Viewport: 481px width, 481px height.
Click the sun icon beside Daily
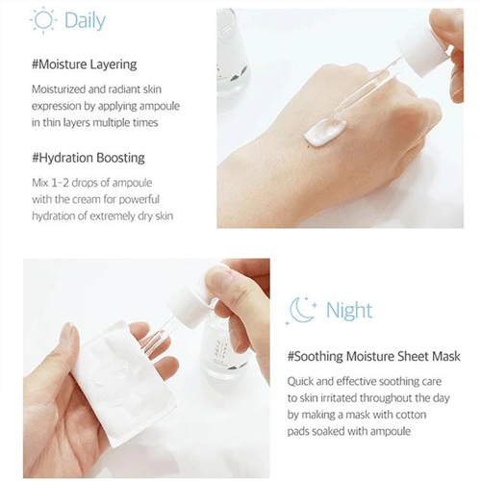pyautogui.click(x=43, y=20)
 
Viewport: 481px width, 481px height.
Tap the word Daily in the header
pyautogui.click(x=85, y=21)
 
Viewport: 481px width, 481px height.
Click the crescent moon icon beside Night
pyautogui.click(x=301, y=310)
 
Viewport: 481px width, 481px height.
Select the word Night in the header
pyautogui.click(x=349, y=311)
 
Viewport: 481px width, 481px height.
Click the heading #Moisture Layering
pyautogui.click(x=85, y=64)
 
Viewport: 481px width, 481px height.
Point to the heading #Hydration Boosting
pyautogui.click(x=89, y=158)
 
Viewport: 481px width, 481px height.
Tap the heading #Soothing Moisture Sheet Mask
pyautogui.click(x=374, y=356)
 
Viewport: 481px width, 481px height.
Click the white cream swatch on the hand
pyautogui.click(x=325, y=132)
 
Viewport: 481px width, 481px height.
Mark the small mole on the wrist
pyautogui.click(x=309, y=146)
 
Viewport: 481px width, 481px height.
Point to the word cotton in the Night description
pyautogui.click(x=411, y=415)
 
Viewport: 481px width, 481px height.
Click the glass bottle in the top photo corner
pyautogui.click(x=234, y=51)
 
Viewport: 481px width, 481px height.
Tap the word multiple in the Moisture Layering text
pyautogui.click(x=111, y=123)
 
